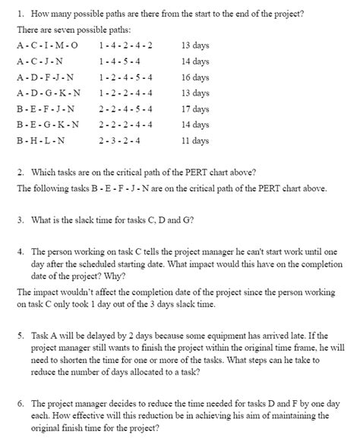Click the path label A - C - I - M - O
point(47,45)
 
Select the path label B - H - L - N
point(41,140)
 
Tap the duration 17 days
point(195,109)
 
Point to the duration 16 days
point(195,77)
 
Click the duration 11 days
point(195,140)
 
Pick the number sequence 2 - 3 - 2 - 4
point(119,140)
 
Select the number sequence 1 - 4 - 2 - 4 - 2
point(125,45)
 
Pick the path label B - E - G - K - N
point(47,125)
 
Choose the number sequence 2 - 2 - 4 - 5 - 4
point(125,109)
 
